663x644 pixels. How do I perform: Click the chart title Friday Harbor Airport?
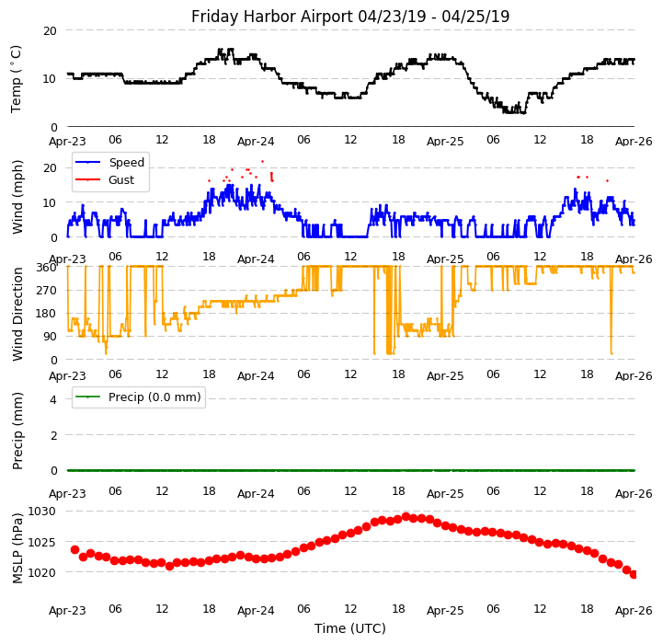pos(350,17)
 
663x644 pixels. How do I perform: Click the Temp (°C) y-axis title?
pos(17,78)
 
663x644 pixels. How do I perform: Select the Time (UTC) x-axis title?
pos(350,628)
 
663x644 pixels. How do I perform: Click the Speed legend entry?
pos(125,163)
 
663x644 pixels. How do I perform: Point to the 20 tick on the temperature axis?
pos(49,30)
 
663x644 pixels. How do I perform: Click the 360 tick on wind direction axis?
pos(45,267)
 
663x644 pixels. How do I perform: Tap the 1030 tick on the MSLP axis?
pos(41,512)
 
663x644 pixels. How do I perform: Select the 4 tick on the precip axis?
pos(52,399)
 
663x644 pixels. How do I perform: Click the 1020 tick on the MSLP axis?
pos(41,572)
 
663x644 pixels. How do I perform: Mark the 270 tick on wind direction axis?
pos(45,291)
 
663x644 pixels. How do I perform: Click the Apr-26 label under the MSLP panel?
pos(634,611)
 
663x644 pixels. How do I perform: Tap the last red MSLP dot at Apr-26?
pos(634,574)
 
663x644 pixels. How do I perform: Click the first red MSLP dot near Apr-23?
pos(74,549)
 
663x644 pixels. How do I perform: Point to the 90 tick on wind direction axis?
pos(49,338)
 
